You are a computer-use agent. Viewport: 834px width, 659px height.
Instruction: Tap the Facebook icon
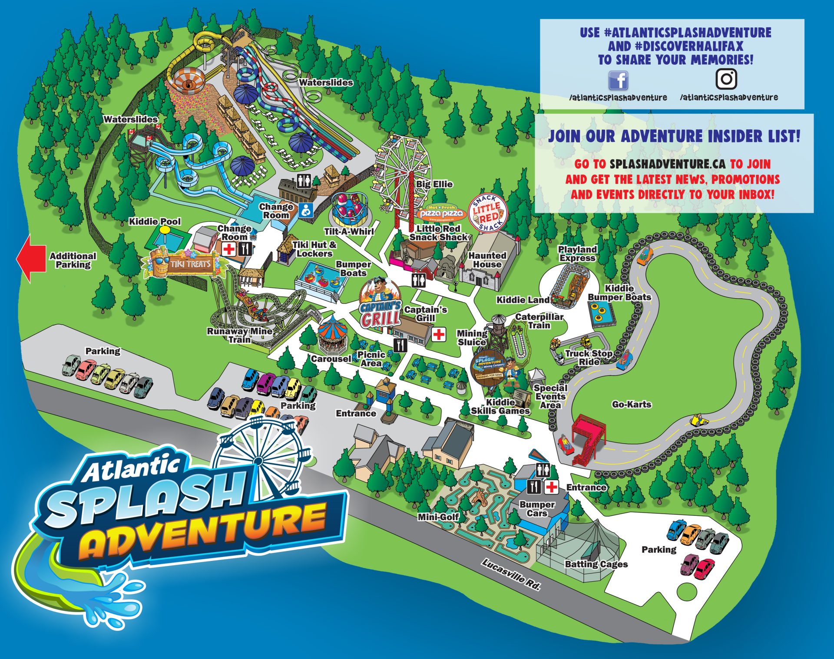point(618,81)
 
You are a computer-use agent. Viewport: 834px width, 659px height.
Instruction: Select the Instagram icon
point(726,79)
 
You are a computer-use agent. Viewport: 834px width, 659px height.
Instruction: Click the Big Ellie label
point(434,184)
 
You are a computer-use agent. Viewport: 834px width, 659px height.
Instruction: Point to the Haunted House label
point(487,260)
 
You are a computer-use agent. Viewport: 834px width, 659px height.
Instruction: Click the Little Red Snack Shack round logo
point(486,213)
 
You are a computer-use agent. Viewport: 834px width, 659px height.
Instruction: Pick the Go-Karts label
point(632,404)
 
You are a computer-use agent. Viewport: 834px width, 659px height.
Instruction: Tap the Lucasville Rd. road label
point(512,574)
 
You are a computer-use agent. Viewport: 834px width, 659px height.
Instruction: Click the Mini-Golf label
point(438,517)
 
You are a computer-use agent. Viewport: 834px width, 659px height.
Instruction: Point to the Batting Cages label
point(596,564)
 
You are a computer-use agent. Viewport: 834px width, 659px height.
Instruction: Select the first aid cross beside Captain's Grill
point(439,334)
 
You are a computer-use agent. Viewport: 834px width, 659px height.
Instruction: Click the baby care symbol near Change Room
point(307,210)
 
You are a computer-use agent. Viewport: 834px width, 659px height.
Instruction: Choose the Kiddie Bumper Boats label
point(619,293)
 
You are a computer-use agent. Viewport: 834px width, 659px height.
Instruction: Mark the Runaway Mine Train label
point(240,335)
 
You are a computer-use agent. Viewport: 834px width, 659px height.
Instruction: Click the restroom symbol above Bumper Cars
point(543,470)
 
